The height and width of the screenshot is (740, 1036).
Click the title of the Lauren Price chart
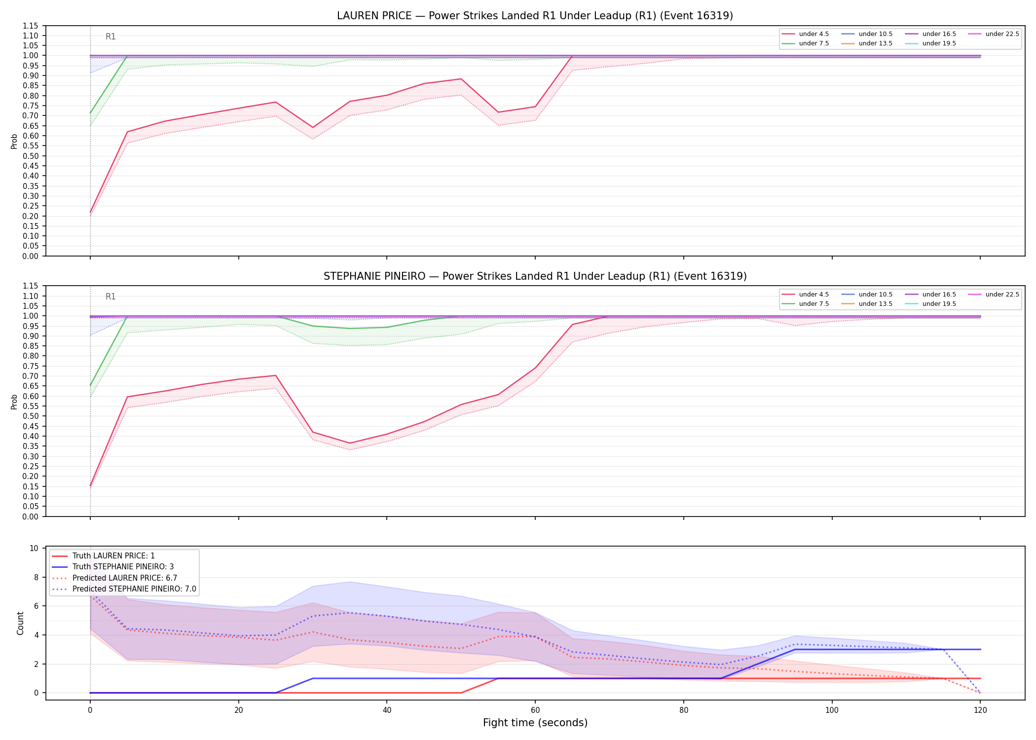pyautogui.click(x=535, y=16)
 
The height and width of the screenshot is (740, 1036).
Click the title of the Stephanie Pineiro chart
pyautogui.click(x=535, y=276)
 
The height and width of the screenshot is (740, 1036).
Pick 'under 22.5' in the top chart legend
pyautogui.click(x=1002, y=34)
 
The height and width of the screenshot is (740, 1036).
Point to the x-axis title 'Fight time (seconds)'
pyautogui.click(x=535, y=723)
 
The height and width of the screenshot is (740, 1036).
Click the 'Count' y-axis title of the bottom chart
pyautogui.click(x=20, y=623)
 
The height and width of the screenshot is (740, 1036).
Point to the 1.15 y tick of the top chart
pyautogui.click(x=31, y=26)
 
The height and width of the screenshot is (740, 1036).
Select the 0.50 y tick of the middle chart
pyautogui.click(x=31, y=416)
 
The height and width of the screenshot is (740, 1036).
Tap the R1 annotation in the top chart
pyautogui.click(x=111, y=37)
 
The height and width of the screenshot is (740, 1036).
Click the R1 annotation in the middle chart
pyautogui.click(x=111, y=296)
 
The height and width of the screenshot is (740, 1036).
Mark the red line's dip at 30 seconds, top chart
pyautogui.click(x=313, y=127)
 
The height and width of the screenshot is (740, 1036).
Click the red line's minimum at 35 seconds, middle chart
pyautogui.click(x=350, y=443)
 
